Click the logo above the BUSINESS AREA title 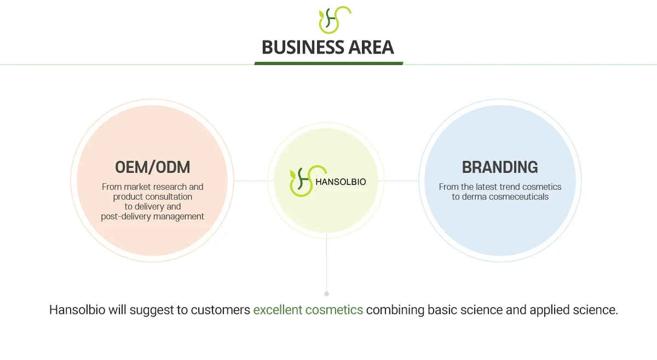[335, 20]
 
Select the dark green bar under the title [328, 63]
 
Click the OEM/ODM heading [152, 167]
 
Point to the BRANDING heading [500, 167]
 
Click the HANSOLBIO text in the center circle [340, 181]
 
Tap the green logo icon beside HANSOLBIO [301, 181]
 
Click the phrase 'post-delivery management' [152, 217]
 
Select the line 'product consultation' [152, 196]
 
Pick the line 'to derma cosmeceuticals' [500, 197]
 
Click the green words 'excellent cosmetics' [308, 310]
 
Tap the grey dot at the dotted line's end [327, 294]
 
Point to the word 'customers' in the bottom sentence [220, 310]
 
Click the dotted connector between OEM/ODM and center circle [251, 181]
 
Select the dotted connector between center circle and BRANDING [401, 181]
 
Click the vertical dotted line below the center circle [327, 263]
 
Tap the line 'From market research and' [152, 187]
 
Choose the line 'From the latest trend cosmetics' [500, 187]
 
